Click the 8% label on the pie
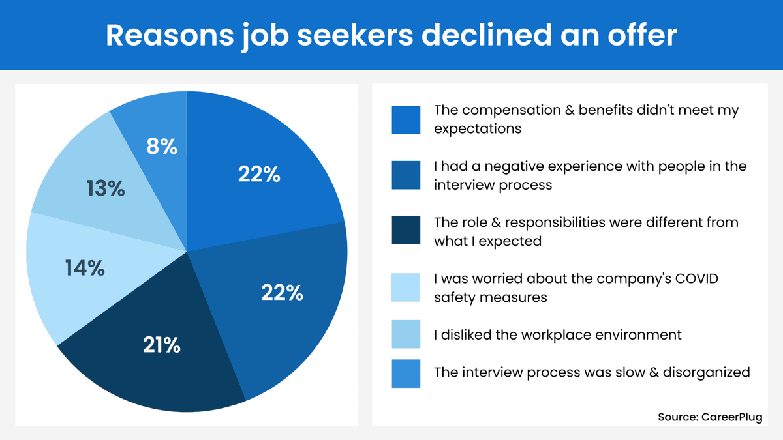pyautogui.click(x=161, y=147)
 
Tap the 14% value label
pyautogui.click(x=85, y=268)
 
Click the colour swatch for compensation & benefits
pyautogui.click(x=406, y=119)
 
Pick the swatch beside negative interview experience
pyautogui.click(x=406, y=175)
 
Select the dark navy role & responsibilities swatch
pyautogui.click(x=406, y=231)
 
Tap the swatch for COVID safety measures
pyautogui.click(x=406, y=287)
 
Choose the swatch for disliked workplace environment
pyautogui.click(x=406, y=335)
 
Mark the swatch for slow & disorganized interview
pyautogui.click(x=406, y=373)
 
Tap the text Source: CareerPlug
pyautogui.click(x=709, y=417)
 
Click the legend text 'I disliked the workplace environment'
pyautogui.click(x=558, y=335)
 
